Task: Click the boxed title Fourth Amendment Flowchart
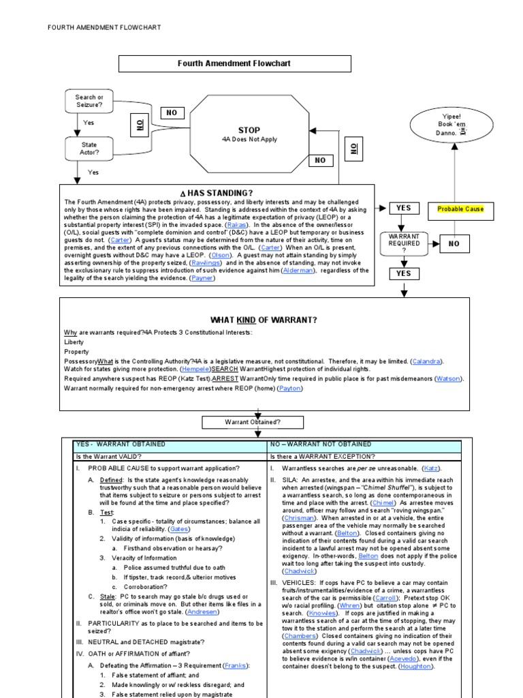tap(235, 63)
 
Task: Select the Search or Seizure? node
tap(89, 102)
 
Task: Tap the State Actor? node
tap(89, 149)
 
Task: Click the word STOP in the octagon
tap(249, 130)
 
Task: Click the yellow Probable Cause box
tap(460, 209)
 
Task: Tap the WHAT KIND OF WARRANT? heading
tap(264, 319)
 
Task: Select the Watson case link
tap(449, 378)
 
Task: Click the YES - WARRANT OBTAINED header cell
tap(121, 444)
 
